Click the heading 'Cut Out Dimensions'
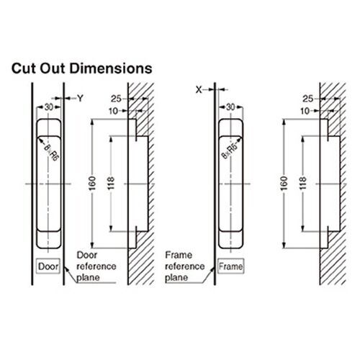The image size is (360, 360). click(81, 69)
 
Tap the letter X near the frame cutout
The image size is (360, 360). click(199, 89)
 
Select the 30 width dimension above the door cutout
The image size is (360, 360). click(49, 106)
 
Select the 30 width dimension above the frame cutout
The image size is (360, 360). click(230, 106)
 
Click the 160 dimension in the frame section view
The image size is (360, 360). click(279, 183)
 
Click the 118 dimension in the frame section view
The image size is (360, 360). click(301, 183)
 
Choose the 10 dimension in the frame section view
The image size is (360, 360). click(305, 110)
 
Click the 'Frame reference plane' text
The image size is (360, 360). click(184, 265)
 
